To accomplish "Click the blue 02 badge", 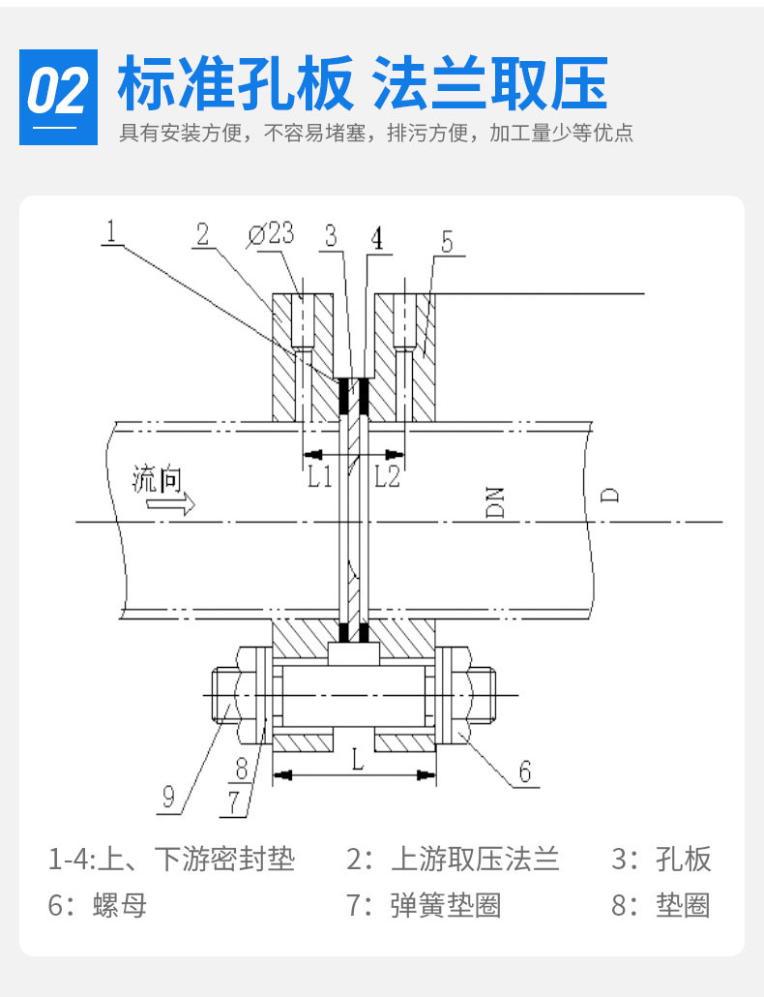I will (59, 97).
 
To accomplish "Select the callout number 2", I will (202, 234).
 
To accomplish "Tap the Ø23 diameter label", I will (272, 234).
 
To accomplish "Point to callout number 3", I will (331, 235).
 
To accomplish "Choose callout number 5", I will (446, 242).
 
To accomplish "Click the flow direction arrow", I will (178, 503).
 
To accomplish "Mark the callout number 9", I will (168, 796).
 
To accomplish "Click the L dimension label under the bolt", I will (357, 760).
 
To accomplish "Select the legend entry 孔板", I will (683, 859).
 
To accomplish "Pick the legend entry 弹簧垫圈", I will (446, 906).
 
